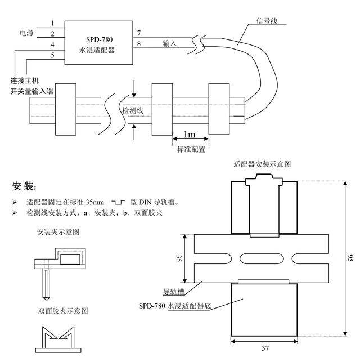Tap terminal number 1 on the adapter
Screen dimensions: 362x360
click(x=52, y=23)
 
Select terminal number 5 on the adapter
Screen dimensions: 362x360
click(x=52, y=55)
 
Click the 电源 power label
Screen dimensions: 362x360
click(x=26, y=33)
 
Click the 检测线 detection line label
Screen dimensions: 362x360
click(x=133, y=110)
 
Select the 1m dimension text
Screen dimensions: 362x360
click(x=190, y=135)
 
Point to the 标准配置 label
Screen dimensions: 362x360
click(x=190, y=150)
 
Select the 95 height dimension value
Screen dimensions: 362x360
click(x=350, y=257)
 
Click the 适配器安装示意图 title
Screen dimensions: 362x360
click(x=262, y=165)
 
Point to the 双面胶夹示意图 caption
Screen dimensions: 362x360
click(x=62, y=310)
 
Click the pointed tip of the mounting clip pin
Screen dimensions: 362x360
click(x=44, y=297)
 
